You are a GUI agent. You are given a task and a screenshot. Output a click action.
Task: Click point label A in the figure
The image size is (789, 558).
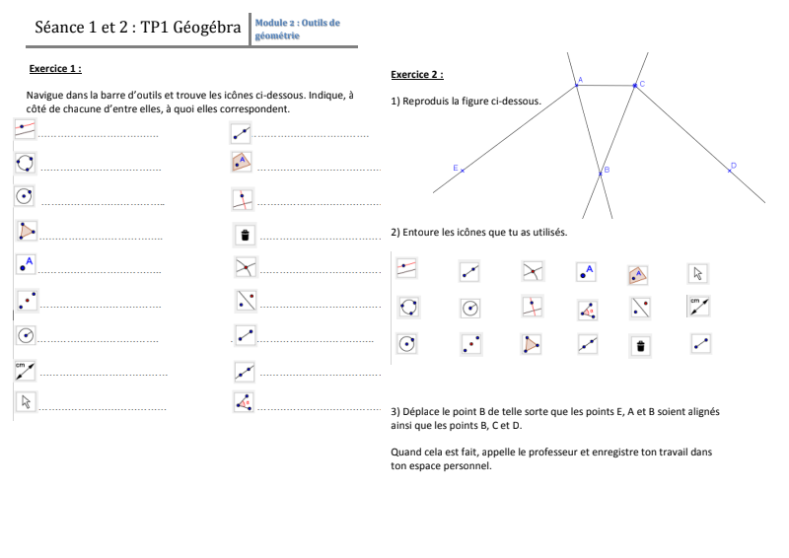pos(580,80)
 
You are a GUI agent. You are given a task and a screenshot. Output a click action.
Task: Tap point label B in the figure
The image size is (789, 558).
pos(607,170)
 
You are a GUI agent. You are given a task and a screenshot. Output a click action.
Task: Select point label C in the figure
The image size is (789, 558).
pos(642,84)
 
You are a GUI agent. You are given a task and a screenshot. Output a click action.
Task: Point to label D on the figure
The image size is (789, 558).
pos(734,165)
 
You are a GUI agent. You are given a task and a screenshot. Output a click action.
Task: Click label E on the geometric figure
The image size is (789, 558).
pos(456,168)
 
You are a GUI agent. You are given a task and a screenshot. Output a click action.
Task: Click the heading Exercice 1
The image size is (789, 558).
pos(55,68)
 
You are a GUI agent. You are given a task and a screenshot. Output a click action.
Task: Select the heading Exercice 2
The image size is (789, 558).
pos(417,75)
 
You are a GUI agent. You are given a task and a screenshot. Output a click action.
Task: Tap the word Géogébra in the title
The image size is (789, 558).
pos(207,28)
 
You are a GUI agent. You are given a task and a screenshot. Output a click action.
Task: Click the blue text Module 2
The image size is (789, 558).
pos(274,23)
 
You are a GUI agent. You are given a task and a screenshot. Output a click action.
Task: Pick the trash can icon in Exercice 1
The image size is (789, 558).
pos(245,235)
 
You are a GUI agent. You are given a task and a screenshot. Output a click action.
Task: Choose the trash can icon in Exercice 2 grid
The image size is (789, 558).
pos(640,346)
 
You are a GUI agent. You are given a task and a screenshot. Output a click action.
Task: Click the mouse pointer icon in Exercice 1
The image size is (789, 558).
pos(26,401)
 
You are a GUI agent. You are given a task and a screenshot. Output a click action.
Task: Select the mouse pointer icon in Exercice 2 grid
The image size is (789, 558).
pos(698,273)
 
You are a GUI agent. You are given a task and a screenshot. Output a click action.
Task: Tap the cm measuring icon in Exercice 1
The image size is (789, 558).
pos(25,371)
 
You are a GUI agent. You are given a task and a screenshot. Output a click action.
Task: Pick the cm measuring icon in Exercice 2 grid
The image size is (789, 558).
pos(699,306)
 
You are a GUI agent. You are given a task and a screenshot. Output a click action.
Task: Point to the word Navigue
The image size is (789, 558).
pos(44,95)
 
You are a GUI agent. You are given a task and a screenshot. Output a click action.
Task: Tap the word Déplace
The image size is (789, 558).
pos(421,411)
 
